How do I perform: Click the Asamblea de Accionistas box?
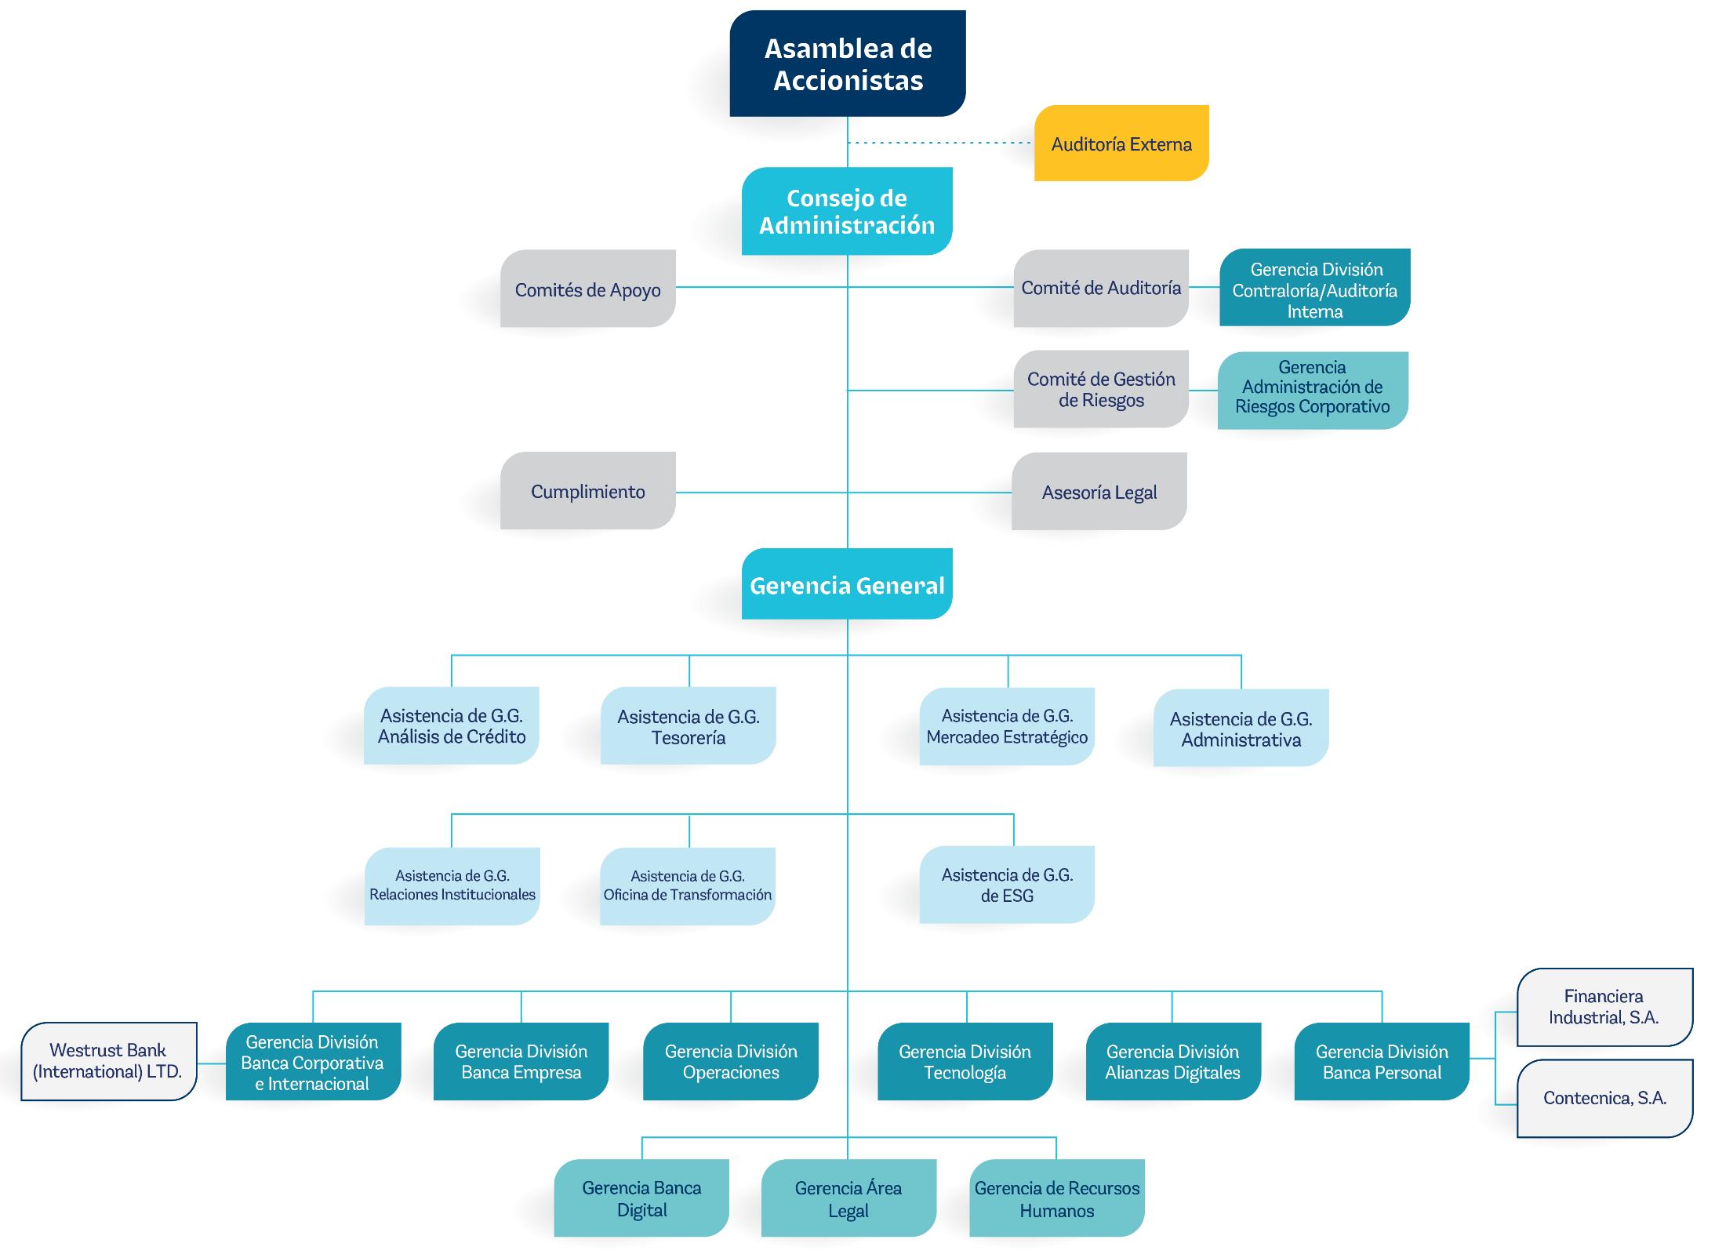(847, 64)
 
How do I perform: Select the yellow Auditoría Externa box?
(1121, 144)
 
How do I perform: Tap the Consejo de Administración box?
(847, 211)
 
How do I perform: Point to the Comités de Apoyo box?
(587, 289)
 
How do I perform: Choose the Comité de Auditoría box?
(1100, 288)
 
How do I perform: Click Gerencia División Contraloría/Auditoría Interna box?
(1314, 289)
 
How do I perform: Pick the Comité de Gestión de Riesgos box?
(1100, 390)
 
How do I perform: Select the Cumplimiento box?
(587, 491)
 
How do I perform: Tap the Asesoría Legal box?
(1099, 492)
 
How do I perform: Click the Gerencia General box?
(847, 585)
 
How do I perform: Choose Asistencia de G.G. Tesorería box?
(688, 726)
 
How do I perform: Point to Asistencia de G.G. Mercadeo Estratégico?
(1006, 726)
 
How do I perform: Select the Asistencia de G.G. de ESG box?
(1006, 885)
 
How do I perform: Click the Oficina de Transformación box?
(687, 886)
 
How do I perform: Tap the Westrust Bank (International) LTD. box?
(108, 1060)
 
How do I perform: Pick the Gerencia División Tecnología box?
(965, 1061)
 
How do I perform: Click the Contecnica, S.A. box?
(1604, 1098)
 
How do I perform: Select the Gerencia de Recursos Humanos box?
(1056, 1198)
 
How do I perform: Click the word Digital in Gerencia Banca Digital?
(641, 1210)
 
